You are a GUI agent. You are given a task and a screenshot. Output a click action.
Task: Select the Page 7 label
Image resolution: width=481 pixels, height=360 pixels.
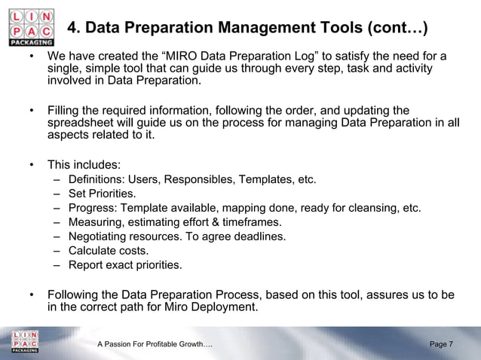(441, 344)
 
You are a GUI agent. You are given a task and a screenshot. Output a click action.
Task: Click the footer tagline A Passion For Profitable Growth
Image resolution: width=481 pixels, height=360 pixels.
(155, 344)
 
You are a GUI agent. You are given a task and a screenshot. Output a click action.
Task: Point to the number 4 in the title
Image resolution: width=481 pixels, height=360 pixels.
(73, 29)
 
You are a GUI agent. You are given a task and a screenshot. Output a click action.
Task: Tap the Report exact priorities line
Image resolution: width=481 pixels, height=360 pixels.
(124, 265)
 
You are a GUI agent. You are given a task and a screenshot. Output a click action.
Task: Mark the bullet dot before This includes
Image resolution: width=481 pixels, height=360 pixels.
(32, 165)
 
